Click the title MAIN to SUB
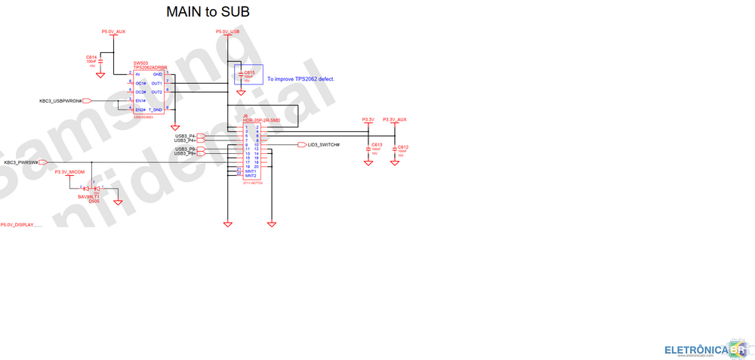(208, 12)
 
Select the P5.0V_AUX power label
(113, 32)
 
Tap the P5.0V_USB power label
(227, 32)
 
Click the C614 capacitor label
(91, 57)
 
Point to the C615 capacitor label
(249, 72)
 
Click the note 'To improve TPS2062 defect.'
(300, 78)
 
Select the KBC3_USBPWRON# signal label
(60, 100)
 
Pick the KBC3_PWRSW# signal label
(20, 162)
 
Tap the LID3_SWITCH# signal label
(324, 144)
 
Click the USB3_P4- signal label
(185, 136)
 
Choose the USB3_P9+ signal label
(185, 154)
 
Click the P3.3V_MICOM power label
(69, 172)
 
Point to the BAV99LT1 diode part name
(88, 197)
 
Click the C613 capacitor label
(377, 144)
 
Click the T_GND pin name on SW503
(155, 109)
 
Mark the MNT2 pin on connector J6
(251, 175)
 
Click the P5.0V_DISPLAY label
(22, 225)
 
